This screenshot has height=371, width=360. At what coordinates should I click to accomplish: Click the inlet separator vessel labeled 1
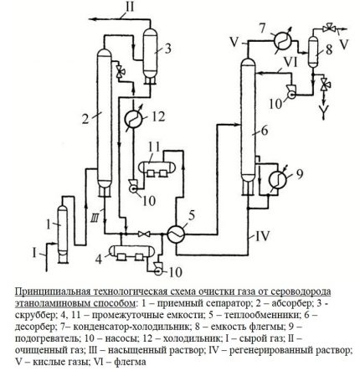click(x=60, y=226)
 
